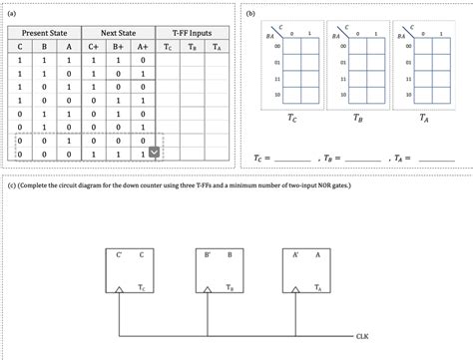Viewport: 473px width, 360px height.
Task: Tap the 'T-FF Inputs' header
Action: click(x=192, y=33)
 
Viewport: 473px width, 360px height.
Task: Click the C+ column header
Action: click(x=94, y=46)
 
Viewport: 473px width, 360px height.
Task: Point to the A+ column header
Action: click(x=143, y=46)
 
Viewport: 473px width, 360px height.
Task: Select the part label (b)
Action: click(x=251, y=14)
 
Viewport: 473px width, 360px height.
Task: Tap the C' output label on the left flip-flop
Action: click(x=118, y=255)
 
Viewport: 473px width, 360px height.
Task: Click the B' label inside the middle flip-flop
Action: click(x=207, y=255)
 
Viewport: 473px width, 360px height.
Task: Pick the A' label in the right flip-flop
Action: click(x=296, y=255)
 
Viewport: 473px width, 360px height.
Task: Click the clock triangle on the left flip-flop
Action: click(x=119, y=290)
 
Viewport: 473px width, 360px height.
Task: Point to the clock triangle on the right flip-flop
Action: click(x=296, y=290)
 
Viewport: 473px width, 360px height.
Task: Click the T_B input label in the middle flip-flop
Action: click(x=230, y=287)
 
